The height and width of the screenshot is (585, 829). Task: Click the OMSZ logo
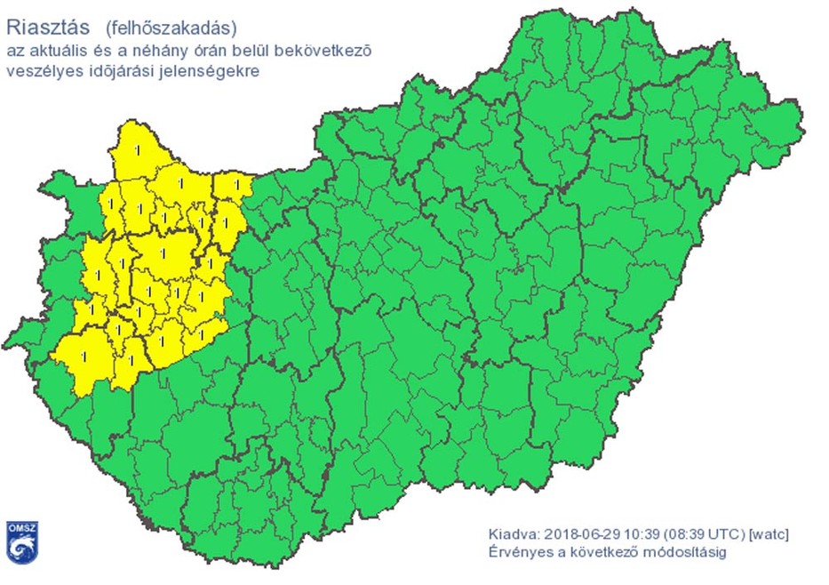pos(22,540)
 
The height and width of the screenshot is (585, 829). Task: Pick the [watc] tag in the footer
pos(769,534)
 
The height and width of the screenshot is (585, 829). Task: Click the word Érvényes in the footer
pos(517,553)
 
